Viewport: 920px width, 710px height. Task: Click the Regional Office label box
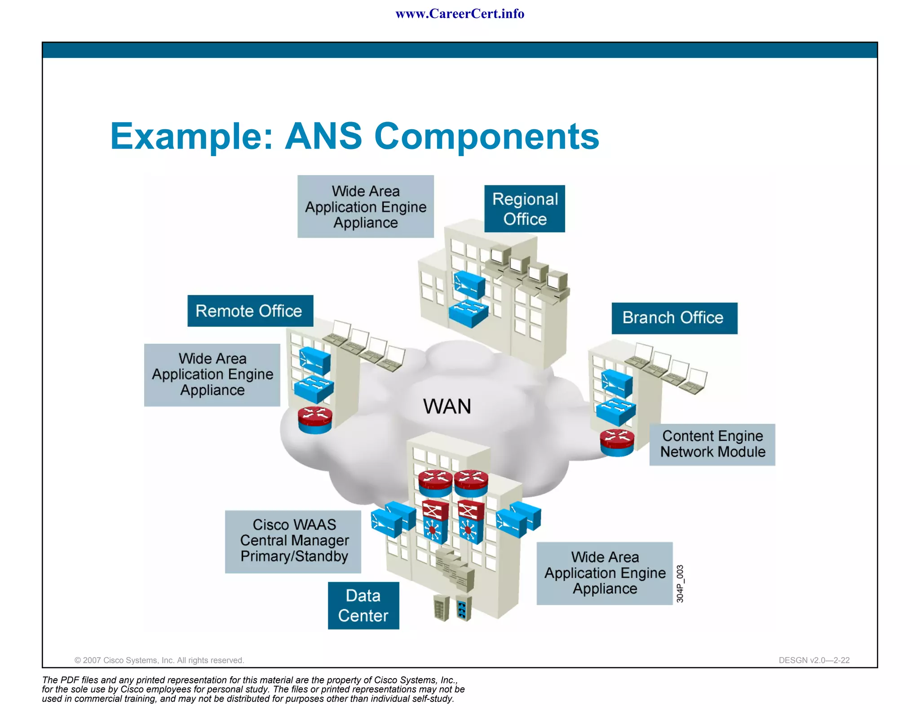pyautogui.click(x=524, y=209)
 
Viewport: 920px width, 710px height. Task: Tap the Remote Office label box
pyautogui.click(x=250, y=311)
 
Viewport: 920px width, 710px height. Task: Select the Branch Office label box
pyautogui.click(x=674, y=318)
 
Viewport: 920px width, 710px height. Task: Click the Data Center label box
pyautogui.click(x=363, y=605)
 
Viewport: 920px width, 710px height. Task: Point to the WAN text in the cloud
pyautogui.click(x=447, y=407)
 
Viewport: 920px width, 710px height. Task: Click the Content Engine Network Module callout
pyautogui.click(x=712, y=444)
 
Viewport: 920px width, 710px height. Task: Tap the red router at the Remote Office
pyautogui.click(x=315, y=420)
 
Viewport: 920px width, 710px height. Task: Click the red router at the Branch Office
pyautogui.click(x=617, y=443)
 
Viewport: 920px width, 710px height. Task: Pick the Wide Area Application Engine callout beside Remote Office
pyautogui.click(x=212, y=375)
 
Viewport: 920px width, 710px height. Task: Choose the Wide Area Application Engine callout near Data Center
pyautogui.click(x=604, y=573)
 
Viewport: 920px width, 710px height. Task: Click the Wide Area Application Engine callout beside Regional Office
pyautogui.click(x=365, y=206)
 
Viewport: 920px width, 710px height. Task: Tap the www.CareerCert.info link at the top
pyautogui.click(x=460, y=14)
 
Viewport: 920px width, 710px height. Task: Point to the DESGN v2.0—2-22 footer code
pyautogui.click(x=814, y=660)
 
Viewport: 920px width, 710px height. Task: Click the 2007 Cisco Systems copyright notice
pyautogui.click(x=159, y=660)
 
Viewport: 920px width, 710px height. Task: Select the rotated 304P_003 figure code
pyautogui.click(x=680, y=583)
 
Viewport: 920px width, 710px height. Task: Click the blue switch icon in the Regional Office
pyautogui.click(x=468, y=313)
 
